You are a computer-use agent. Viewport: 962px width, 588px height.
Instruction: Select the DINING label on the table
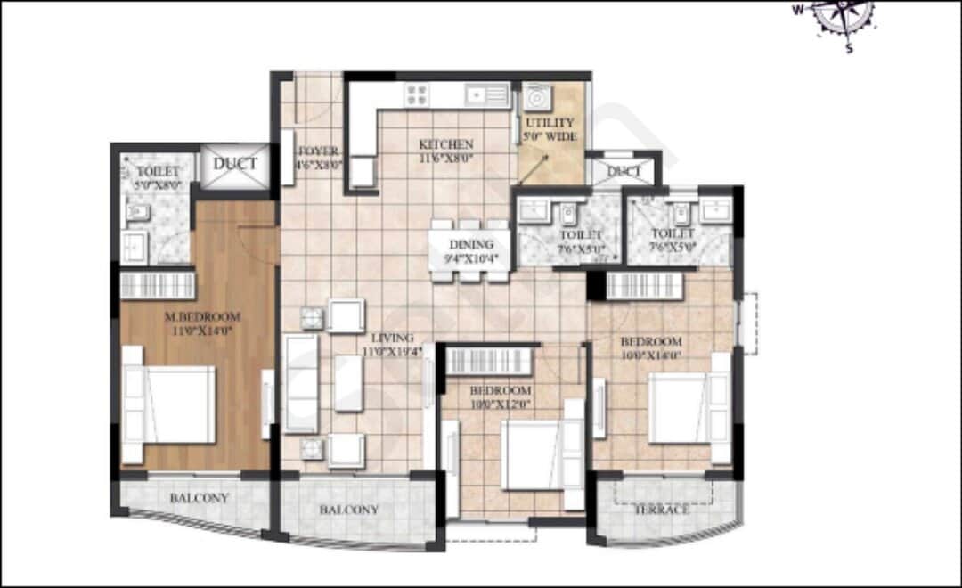pos(469,246)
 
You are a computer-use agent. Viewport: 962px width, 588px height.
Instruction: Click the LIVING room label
pos(393,339)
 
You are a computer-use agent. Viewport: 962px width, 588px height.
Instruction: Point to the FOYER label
pos(317,151)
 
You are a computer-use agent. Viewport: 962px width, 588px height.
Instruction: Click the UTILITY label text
pos(550,123)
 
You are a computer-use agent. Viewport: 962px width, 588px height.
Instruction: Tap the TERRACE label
pos(661,510)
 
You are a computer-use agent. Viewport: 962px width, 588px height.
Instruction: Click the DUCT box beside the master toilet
pos(235,165)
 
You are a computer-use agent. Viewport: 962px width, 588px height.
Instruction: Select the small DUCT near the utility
pos(624,171)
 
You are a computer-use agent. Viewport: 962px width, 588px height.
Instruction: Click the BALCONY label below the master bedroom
pos(200,498)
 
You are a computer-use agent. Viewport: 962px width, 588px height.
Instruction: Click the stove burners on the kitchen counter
pos(416,94)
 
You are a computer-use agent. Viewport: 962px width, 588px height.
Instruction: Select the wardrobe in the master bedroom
pos(158,285)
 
